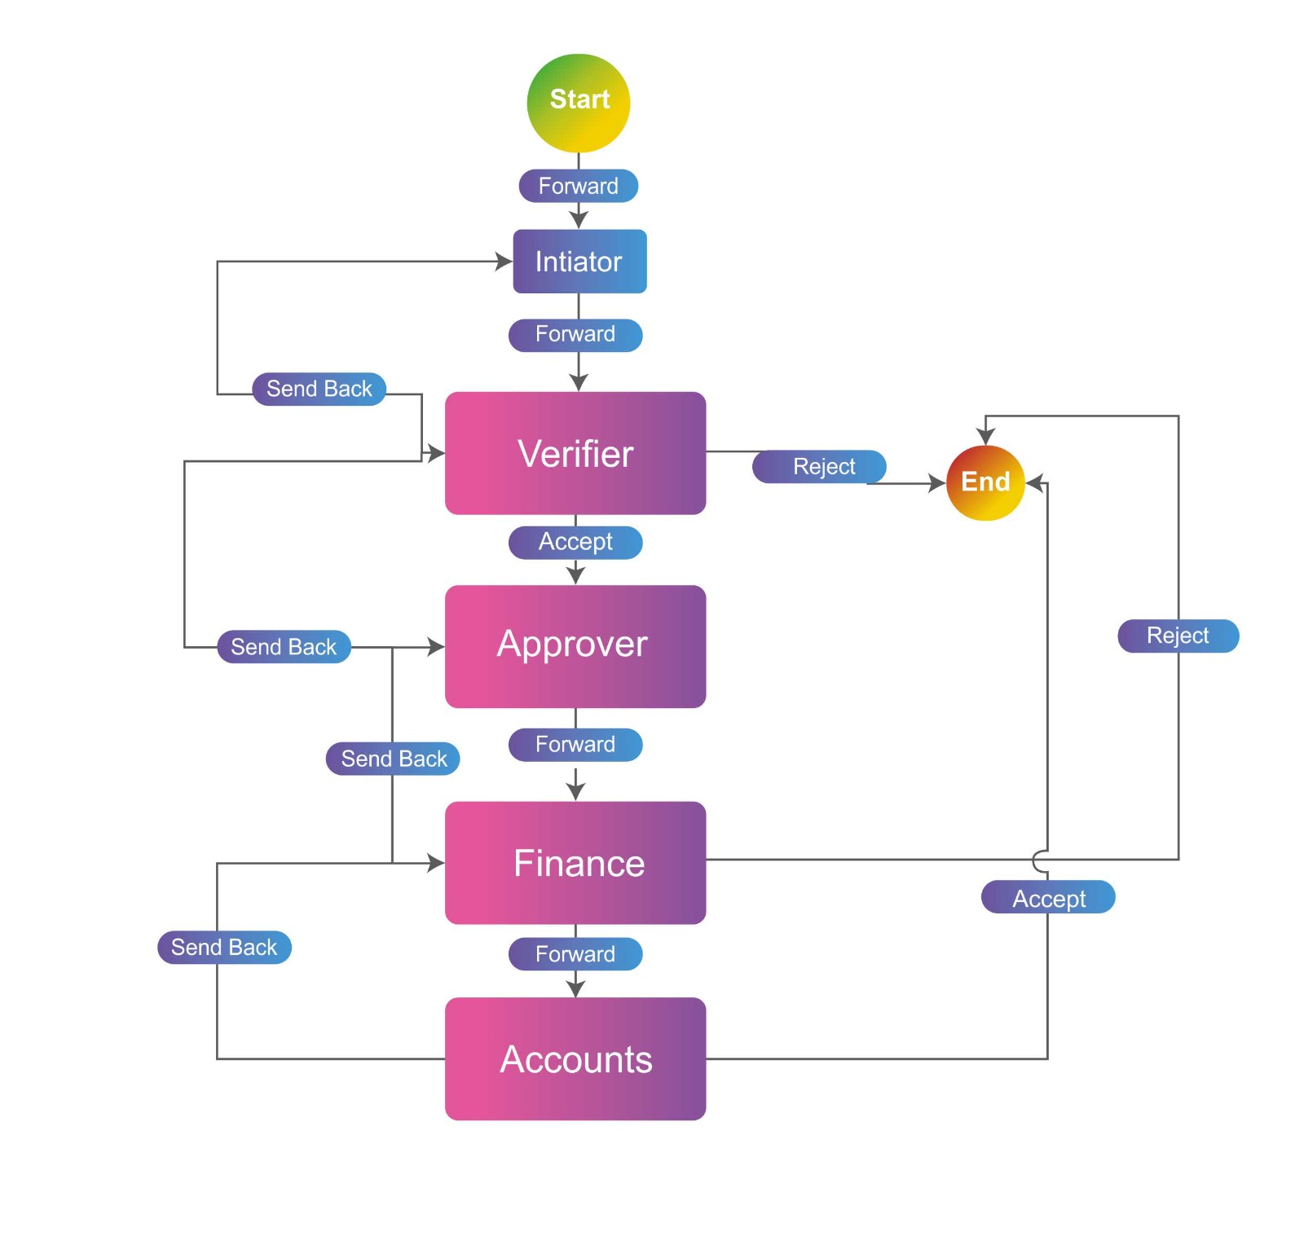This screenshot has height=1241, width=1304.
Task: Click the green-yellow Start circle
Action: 578,103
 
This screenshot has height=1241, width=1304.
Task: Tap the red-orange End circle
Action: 985,482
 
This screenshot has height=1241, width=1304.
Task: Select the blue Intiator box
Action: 579,262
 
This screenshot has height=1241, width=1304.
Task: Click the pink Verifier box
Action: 575,453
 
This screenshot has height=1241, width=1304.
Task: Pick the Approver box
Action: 575,646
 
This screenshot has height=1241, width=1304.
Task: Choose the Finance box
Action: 575,863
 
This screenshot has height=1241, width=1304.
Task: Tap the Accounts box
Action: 575,1058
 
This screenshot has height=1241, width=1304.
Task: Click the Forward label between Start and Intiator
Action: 578,186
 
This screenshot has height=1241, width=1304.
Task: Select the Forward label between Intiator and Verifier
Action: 575,335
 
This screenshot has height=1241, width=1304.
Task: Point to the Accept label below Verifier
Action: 575,542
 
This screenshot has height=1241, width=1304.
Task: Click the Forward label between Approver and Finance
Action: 575,745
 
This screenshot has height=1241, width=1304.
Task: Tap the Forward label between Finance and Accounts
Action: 575,954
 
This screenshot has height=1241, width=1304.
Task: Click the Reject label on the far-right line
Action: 1178,636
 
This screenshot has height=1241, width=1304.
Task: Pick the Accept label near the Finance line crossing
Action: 1048,897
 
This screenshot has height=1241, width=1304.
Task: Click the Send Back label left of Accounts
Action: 224,947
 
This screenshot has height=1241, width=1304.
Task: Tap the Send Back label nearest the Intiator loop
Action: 319,389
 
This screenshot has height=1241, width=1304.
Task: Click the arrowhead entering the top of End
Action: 985,437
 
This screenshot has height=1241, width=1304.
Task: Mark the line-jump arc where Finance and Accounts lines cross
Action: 1040,860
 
